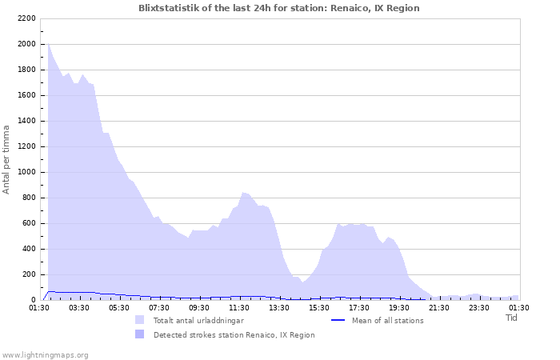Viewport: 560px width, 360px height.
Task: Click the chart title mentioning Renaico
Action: point(278,8)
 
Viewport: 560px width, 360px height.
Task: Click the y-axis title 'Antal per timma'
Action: point(6,159)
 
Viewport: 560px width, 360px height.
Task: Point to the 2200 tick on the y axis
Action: point(25,18)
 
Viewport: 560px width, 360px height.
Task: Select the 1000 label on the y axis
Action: point(25,172)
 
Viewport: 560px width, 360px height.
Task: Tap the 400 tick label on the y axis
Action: point(27,249)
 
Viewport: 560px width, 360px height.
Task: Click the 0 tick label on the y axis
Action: point(33,300)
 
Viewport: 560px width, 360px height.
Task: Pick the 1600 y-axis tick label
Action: point(25,95)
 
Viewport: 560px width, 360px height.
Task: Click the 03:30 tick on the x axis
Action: point(79,307)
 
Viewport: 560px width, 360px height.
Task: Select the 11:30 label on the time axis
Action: point(239,307)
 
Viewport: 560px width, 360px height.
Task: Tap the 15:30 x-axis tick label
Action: point(319,307)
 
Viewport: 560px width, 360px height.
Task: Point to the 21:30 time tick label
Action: point(439,307)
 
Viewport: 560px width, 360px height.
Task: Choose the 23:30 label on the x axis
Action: point(479,307)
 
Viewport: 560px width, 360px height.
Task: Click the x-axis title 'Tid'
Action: point(511,318)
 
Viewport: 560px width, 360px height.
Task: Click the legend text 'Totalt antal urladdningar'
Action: point(198,321)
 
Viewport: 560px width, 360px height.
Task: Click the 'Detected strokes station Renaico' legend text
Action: point(234,335)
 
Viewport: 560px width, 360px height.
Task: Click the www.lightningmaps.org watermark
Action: point(45,355)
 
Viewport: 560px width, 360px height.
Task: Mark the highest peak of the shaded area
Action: point(48,44)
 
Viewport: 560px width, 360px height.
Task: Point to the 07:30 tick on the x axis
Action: point(159,307)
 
